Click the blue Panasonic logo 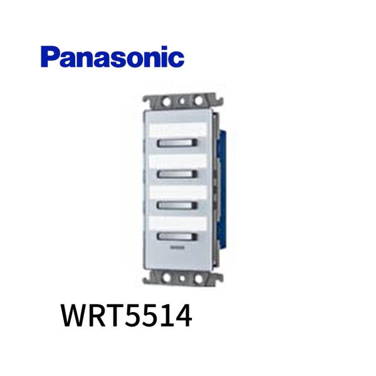pos(113,57)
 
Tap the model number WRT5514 pos(126,317)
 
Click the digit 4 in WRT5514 pos(182,317)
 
